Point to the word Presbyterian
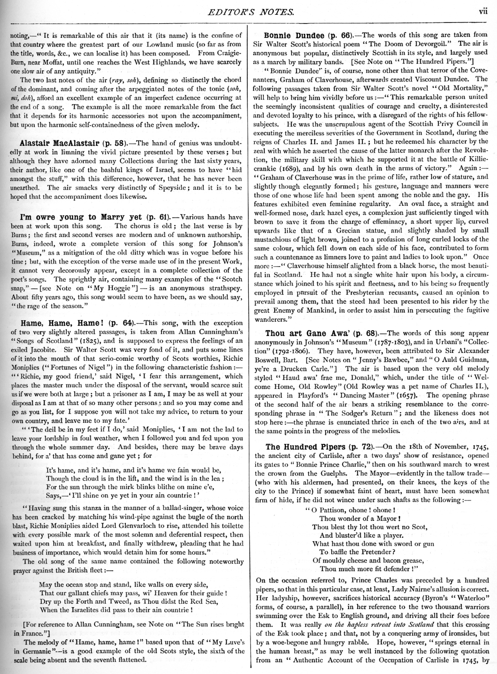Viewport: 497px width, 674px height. tap(338, 293)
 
